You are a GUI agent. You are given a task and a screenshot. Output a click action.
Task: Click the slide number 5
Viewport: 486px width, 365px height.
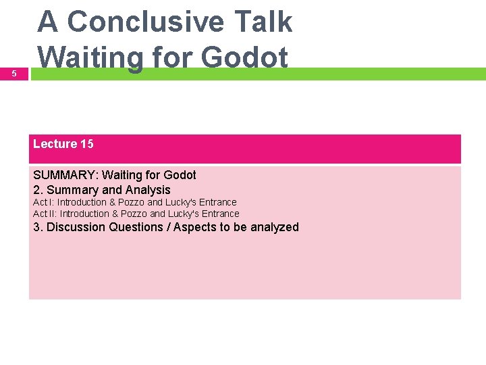[x=14, y=73]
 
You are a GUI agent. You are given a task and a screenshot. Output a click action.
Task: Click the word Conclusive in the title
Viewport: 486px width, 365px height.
[x=145, y=22]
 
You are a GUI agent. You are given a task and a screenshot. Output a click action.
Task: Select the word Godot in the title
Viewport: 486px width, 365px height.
[x=244, y=57]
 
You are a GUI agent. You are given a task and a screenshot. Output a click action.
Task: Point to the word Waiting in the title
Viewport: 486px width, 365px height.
[x=90, y=57]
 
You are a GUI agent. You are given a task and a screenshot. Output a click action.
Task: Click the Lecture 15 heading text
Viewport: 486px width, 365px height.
[x=63, y=144]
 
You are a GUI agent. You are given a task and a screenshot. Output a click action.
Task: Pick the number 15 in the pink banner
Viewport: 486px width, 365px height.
[x=87, y=144]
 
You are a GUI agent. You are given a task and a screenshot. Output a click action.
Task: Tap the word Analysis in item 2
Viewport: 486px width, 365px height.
[x=148, y=190]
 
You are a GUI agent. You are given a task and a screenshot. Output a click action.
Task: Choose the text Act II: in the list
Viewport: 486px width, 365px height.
[x=45, y=214]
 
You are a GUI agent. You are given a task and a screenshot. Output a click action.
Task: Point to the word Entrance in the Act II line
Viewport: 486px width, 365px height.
[x=220, y=214]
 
